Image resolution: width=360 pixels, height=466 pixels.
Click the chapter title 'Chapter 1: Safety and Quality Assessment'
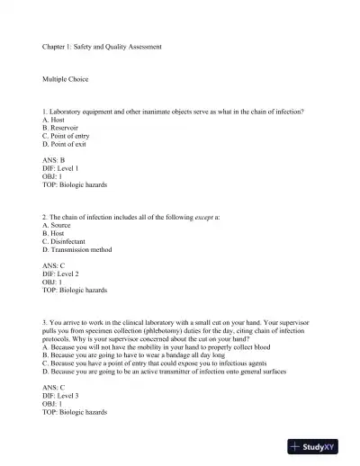pos(102,46)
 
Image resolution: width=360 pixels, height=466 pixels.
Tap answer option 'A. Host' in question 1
pos(54,120)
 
